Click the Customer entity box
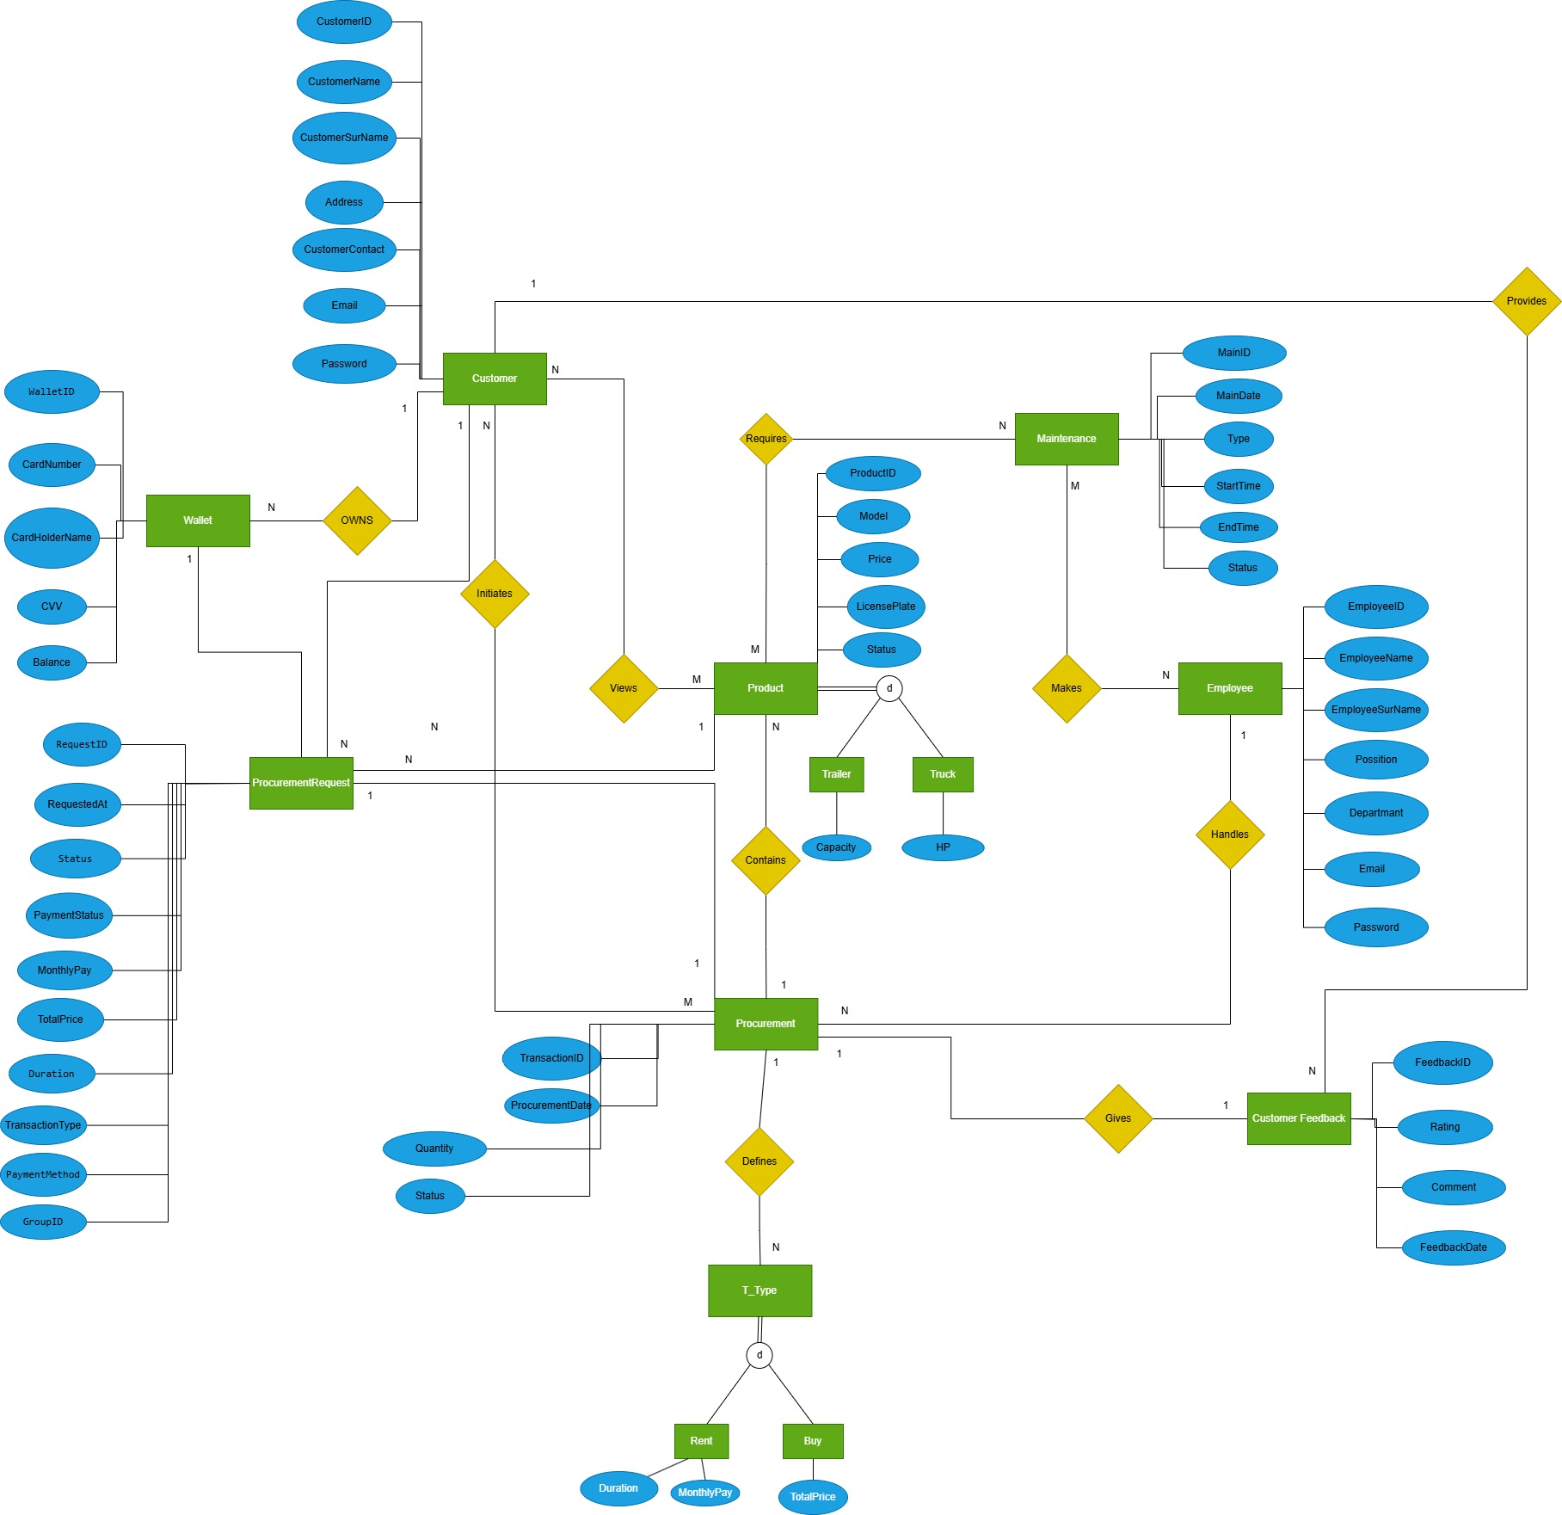(x=495, y=379)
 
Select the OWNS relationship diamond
(x=357, y=520)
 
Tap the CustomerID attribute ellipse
(x=344, y=22)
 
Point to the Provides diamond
(x=1527, y=301)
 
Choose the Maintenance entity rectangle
(x=1067, y=439)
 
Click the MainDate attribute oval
(x=1239, y=396)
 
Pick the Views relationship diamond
(x=624, y=688)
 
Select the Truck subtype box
(x=943, y=774)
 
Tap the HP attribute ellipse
(x=943, y=847)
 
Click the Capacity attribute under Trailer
(x=836, y=847)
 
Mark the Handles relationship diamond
(x=1230, y=834)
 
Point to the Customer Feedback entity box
(x=1299, y=1118)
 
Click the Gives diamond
(x=1118, y=1118)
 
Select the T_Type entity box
(x=759, y=1290)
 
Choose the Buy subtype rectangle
(x=813, y=1441)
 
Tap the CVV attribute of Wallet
(x=52, y=607)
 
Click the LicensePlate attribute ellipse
(x=886, y=607)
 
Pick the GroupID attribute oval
(x=43, y=1222)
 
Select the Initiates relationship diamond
(x=495, y=594)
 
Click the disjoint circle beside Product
(x=889, y=688)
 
